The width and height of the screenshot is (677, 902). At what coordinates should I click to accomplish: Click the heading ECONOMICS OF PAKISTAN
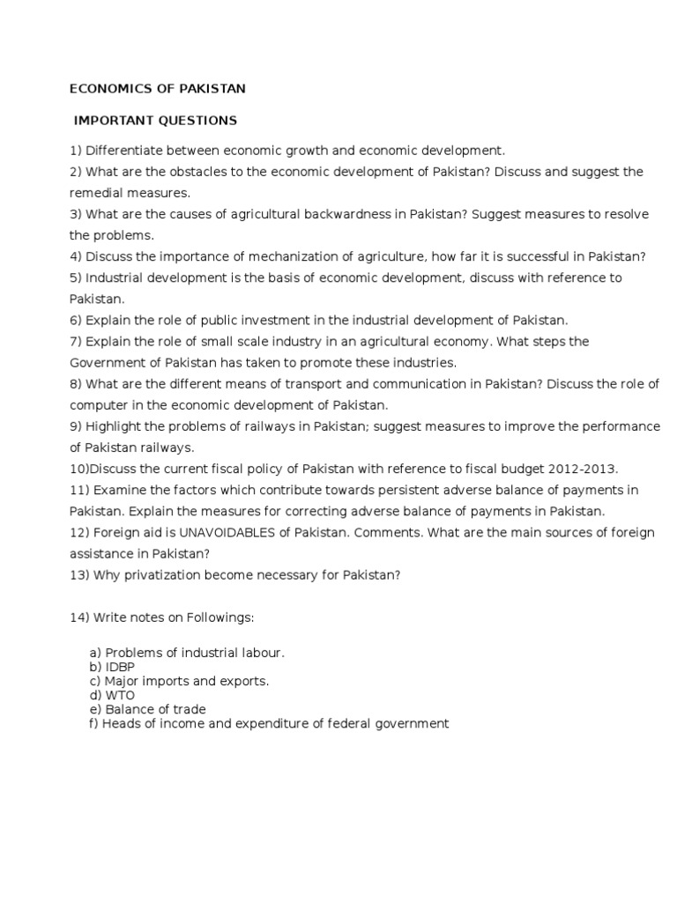click(159, 88)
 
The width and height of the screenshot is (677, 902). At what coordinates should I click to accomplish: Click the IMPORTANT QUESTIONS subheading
click(156, 120)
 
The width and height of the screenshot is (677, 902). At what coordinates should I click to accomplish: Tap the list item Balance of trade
click(154, 709)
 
